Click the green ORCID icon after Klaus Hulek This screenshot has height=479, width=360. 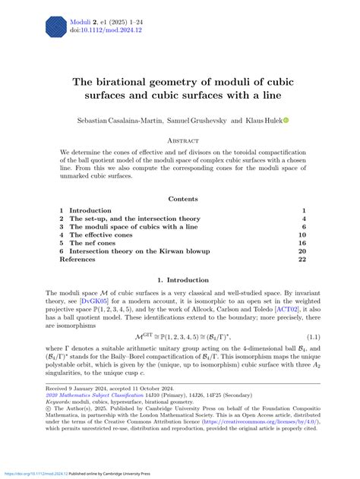[x=286, y=121]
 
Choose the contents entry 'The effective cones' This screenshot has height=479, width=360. [x=103, y=235]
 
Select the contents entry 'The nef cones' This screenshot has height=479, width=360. [x=95, y=243]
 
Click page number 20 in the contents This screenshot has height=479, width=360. [x=302, y=251]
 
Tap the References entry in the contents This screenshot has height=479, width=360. [x=80, y=260]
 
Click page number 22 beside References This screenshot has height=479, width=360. [x=302, y=260]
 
